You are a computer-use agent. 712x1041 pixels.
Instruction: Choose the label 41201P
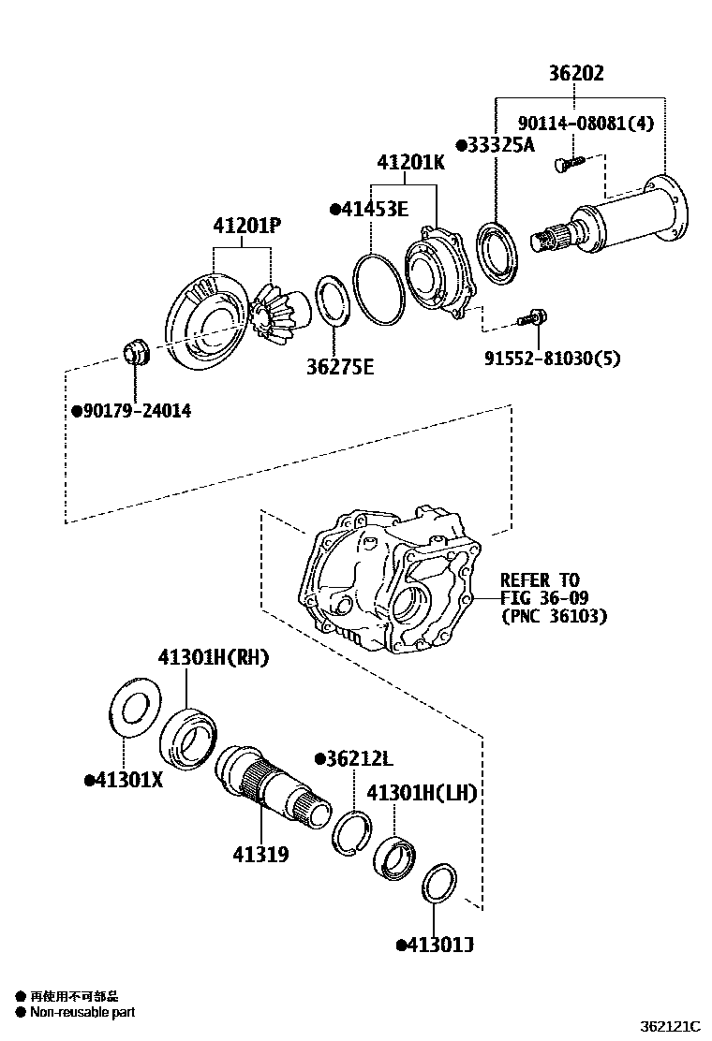pyautogui.click(x=247, y=226)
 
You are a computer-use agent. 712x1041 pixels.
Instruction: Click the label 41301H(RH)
pyautogui.click(x=213, y=658)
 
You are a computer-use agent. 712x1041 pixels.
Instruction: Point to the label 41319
pyautogui.click(x=260, y=854)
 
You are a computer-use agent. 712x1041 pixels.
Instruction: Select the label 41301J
pyautogui.click(x=435, y=945)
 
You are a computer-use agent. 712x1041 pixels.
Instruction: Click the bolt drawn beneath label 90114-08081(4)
pyautogui.click(x=566, y=165)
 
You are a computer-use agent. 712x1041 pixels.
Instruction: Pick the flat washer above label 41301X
pyautogui.click(x=136, y=709)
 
